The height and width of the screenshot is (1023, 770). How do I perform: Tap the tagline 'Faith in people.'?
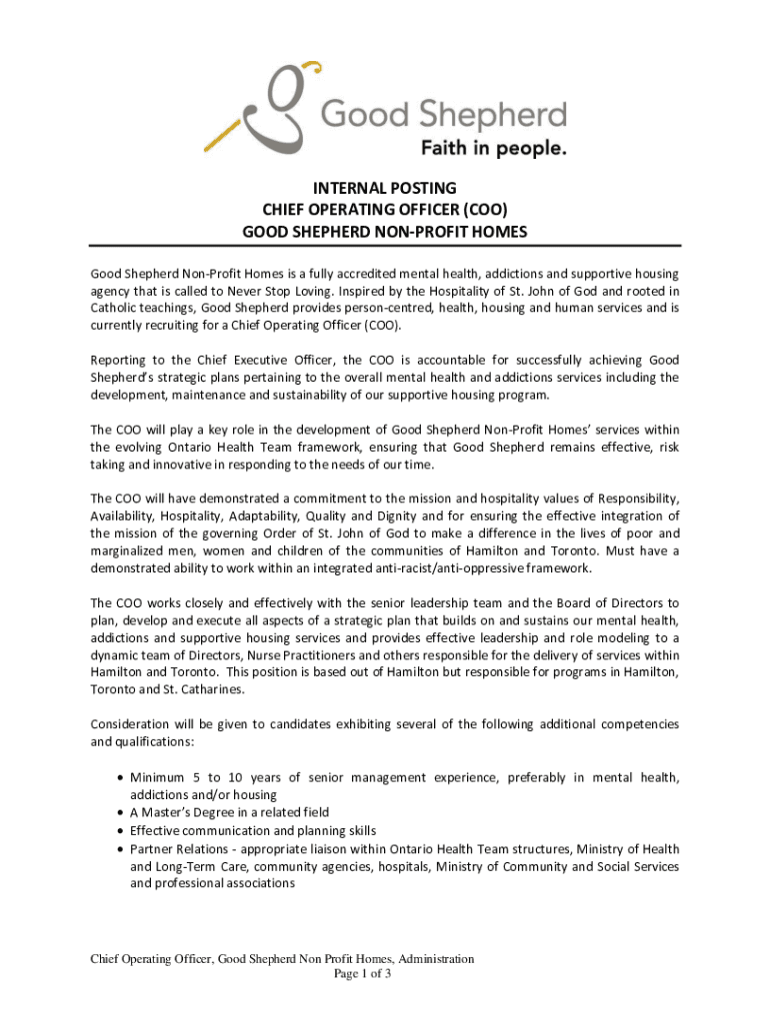[x=491, y=149]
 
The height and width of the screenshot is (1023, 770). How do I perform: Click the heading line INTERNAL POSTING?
[x=385, y=188]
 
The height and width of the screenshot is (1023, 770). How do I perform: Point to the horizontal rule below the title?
[x=385, y=245]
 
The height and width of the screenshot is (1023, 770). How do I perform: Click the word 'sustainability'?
[x=324, y=396]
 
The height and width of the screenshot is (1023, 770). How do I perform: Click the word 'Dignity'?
[x=393, y=516]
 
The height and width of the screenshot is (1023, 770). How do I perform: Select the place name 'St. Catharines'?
[x=203, y=689]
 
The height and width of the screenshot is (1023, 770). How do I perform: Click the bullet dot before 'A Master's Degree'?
[x=120, y=813]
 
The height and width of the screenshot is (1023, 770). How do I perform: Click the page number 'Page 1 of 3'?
[x=361, y=974]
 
